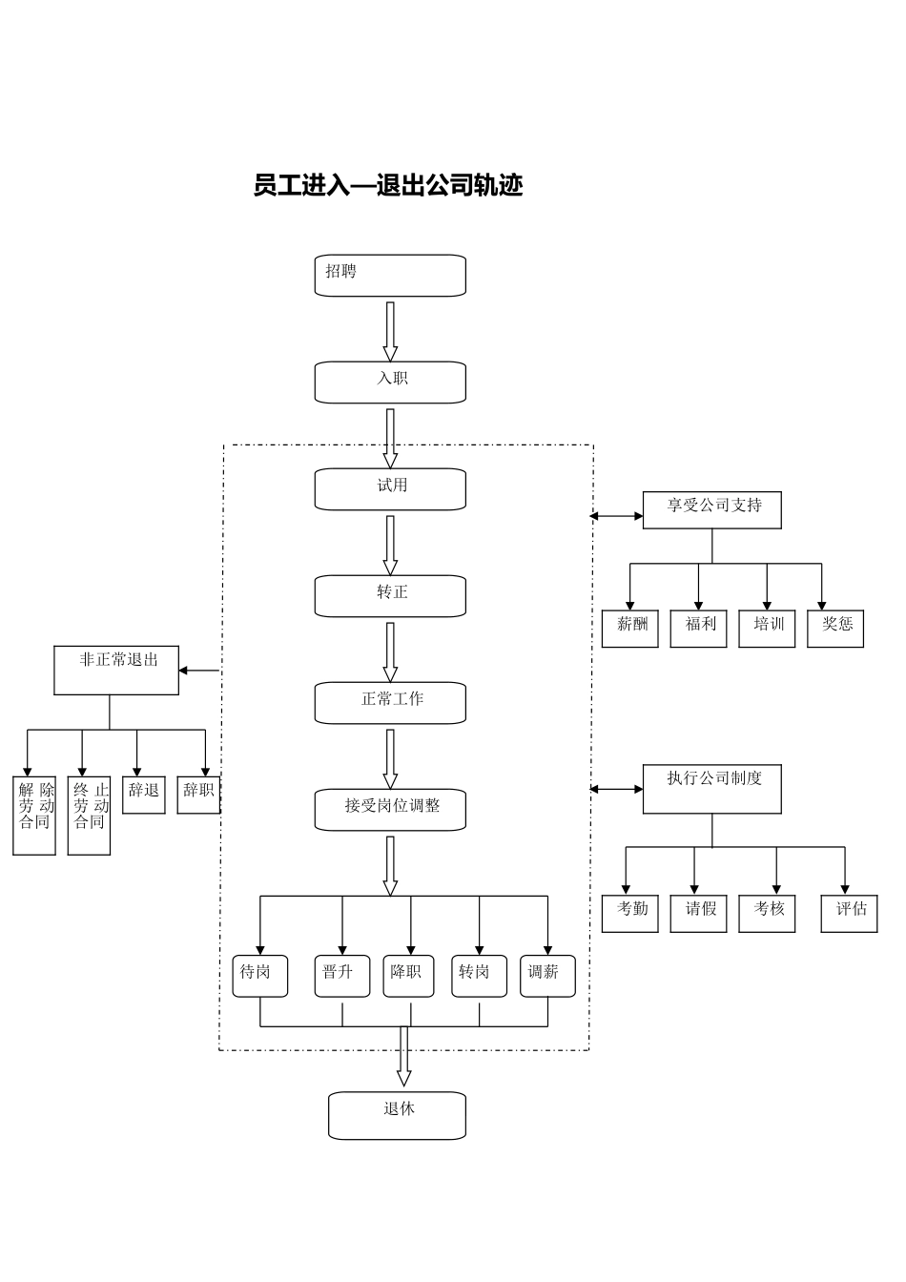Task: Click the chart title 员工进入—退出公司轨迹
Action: pyautogui.click(x=387, y=185)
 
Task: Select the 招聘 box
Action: pyautogui.click(x=390, y=276)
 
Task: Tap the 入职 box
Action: pyautogui.click(x=390, y=383)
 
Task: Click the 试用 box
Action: pyautogui.click(x=390, y=489)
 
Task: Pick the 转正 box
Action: pyautogui.click(x=390, y=596)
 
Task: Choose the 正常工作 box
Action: pyautogui.click(x=390, y=703)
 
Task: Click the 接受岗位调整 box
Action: pyautogui.click(x=390, y=810)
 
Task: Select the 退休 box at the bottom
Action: pyautogui.click(x=397, y=1115)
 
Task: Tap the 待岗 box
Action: pyautogui.click(x=259, y=976)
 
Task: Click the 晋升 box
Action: pyautogui.click(x=341, y=976)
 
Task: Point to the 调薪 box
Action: pyautogui.click(x=547, y=976)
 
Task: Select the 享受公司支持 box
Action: pyautogui.click(x=711, y=510)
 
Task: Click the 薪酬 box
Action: pyautogui.click(x=629, y=629)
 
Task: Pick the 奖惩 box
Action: pyautogui.click(x=834, y=629)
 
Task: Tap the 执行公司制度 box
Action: pyautogui.click(x=711, y=789)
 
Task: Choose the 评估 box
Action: pyautogui.click(x=849, y=913)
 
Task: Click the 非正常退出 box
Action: pyautogui.click(x=116, y=670)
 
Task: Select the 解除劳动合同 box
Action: pyautogui.click(x=34, y=816)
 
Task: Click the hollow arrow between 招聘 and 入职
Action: pyautogui.click(x=390, y=330)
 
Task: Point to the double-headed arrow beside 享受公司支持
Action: pyautogui.click(x=616, y=516)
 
